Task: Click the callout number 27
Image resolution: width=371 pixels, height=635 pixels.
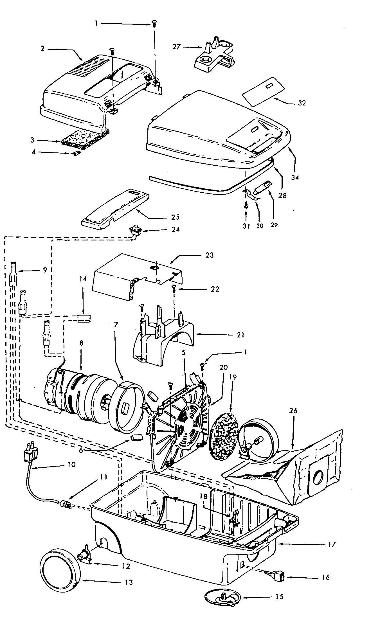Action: pos(176,47)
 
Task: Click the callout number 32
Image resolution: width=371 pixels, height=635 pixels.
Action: pos(302,103)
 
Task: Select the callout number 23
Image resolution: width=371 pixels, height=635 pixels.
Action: pos(210,255)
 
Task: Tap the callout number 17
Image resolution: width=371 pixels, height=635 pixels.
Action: pos(332,544)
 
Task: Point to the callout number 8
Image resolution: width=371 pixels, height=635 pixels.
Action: pos(81,343)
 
